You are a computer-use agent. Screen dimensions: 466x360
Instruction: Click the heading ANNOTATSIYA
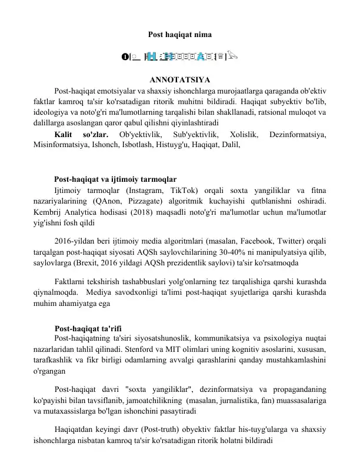(180, 80)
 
